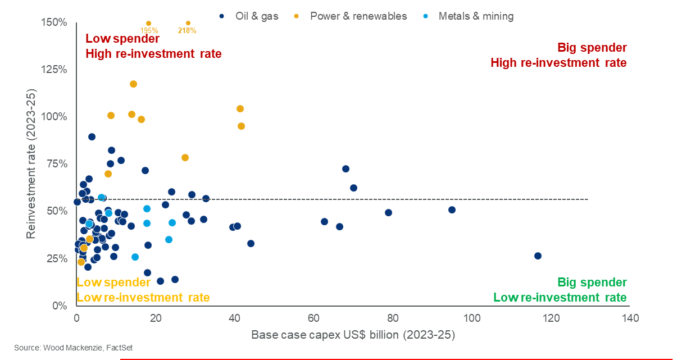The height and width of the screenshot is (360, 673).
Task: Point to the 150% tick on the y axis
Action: (55, 22)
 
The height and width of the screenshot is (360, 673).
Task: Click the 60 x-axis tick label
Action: (313, 319)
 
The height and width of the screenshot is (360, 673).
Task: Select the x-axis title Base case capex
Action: (353, 335)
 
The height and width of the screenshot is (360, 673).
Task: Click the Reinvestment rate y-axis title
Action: (31, 163)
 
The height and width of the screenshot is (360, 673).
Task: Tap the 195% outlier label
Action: (149, 30)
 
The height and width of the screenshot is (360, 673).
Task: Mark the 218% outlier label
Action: (187, 30)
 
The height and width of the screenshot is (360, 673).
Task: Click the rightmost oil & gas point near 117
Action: (538, 256)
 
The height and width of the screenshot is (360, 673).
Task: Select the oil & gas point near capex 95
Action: (452, 209)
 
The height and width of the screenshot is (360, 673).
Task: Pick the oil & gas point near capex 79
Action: (388, 212)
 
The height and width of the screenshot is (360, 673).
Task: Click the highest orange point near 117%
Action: (133, 84)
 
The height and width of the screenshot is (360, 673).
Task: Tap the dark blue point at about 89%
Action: (92, 136)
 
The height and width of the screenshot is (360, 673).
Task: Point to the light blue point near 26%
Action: (135, 257)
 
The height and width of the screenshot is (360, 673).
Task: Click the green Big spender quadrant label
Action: (592, 282)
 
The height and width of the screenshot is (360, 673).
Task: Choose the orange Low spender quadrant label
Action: (113, 282)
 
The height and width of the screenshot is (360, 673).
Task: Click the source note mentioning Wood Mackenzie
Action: (73, 348)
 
